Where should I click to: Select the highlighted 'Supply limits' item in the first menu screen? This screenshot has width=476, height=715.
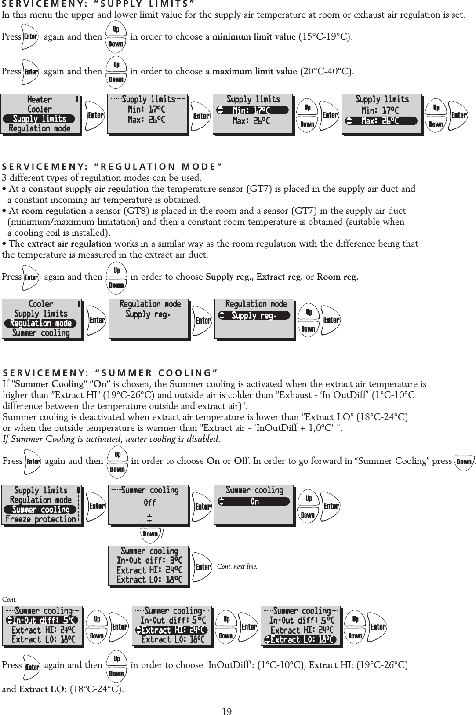[40, 119]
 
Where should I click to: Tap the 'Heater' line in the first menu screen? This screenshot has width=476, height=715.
[40, 99]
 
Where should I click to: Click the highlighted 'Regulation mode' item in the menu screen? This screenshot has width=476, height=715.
[41, 323]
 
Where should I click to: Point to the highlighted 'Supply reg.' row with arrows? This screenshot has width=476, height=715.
[254, 315]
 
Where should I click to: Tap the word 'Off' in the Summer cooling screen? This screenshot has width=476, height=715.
[149, 502]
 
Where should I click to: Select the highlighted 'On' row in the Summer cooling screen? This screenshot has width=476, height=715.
[254, 501]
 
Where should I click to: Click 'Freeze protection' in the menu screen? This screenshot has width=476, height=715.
[41, 519]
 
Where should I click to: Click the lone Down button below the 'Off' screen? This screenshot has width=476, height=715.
[150, 534]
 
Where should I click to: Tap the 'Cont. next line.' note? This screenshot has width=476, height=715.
[237, 566]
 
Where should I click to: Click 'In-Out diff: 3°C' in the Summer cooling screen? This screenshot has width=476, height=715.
[149, 560]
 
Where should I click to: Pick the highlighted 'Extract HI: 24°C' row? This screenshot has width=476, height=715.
[171, 630]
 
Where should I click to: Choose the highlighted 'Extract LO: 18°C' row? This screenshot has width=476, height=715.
[301, 639]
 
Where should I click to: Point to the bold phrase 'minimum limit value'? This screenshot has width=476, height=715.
[254, 36]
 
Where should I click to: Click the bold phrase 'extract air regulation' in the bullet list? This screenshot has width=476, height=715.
[69, 244]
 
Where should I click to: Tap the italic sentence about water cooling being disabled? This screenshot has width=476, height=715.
[111, 439]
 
